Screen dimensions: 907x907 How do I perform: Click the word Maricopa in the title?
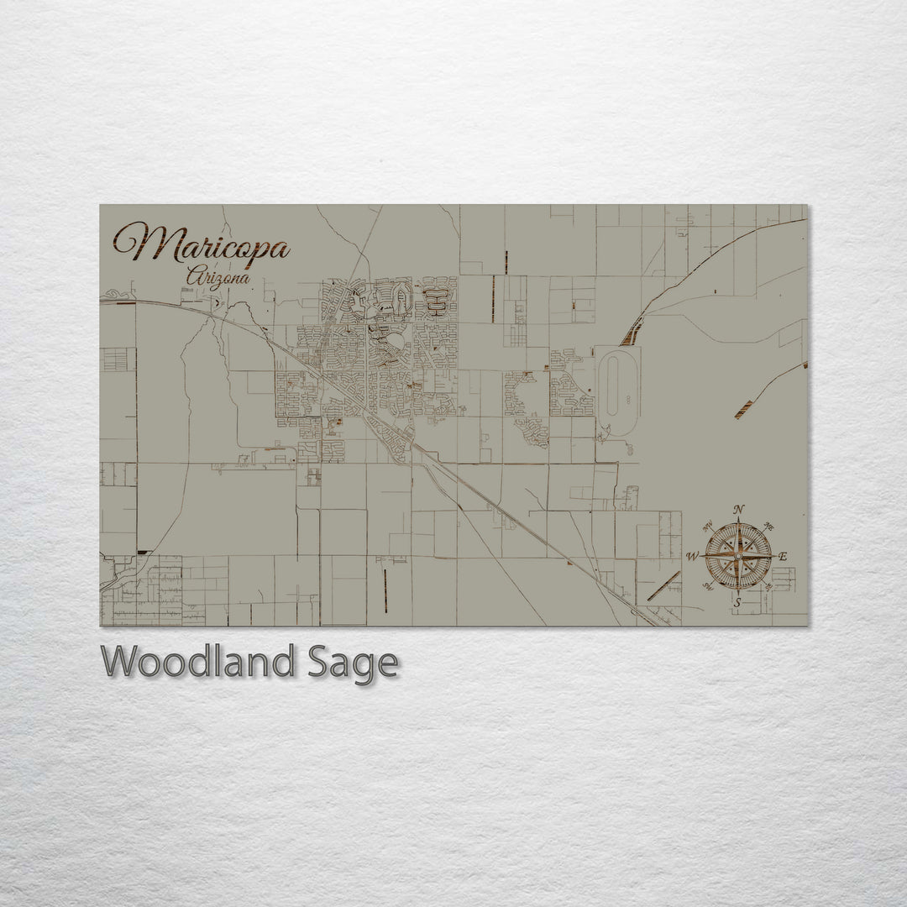(202, 243)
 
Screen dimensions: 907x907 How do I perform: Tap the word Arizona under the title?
(218, 275)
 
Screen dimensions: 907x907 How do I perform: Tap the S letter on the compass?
(737, 602)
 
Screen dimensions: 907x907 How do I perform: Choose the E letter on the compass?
(783, 556)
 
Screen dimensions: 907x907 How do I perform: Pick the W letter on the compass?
(693, 556)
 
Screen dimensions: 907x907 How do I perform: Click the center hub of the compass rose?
(738, 555)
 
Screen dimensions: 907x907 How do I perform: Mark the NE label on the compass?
(770, 525)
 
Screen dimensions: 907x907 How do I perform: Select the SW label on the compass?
(706, 587)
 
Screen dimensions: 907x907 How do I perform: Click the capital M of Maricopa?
(139, 243)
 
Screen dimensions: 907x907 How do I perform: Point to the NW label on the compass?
(707, 525)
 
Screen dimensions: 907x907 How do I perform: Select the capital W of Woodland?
(123, 663)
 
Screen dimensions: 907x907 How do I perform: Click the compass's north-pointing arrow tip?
(738, 522)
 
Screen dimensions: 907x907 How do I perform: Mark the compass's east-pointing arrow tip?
(772, 555)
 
